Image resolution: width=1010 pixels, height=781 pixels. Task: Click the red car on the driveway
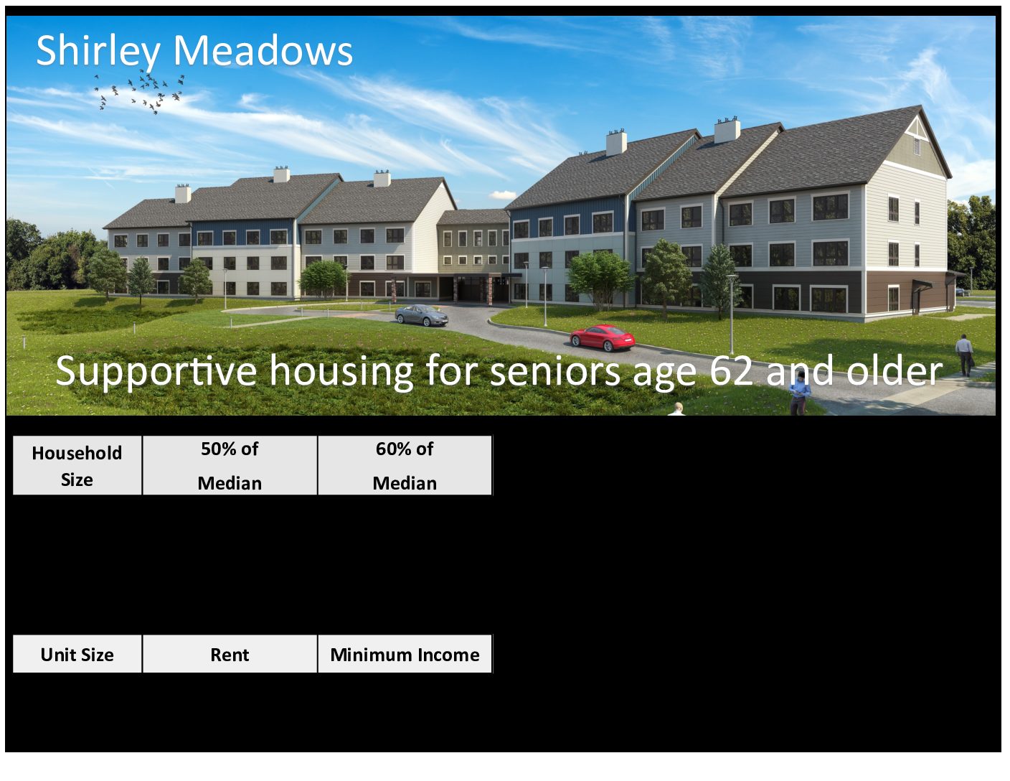[x=603, y=338]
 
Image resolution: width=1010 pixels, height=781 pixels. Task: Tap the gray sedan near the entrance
[x=422, y=315]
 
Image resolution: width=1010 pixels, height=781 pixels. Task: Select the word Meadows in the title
[x=263, y=50]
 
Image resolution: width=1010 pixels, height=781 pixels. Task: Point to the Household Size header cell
[x=77, y=466]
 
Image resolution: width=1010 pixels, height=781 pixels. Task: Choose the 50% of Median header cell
[x=230, y=466]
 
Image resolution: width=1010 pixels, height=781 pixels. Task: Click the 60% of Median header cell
[x=405, y=466]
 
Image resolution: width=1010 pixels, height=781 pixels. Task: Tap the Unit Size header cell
[x=77, y=655]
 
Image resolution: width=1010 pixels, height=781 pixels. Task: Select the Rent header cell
[x=230, y=655]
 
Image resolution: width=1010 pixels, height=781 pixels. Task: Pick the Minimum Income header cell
[x=405, y=655]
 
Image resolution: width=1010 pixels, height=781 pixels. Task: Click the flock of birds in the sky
[x=139, y=93]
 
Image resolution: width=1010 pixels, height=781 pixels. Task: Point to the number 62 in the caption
[x=731, y=370]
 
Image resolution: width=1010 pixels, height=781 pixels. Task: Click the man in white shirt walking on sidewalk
[x=964, y=355]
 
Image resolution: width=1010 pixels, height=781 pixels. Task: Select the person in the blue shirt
[x=799, y=393]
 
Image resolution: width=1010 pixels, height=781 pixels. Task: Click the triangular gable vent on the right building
[x=916, y=134]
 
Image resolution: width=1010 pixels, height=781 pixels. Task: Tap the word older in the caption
[x=895, y=370]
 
